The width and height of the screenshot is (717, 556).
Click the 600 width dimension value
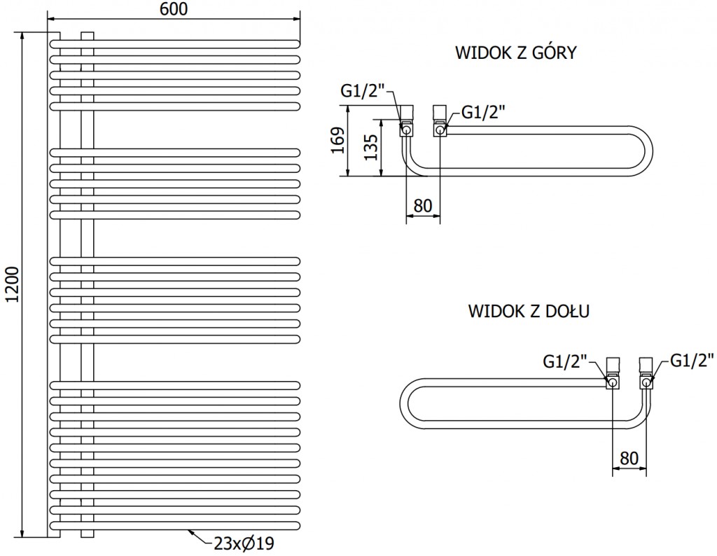[174, 9]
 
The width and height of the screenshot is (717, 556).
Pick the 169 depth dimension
[337, 141]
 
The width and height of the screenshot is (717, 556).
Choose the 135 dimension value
[371, 147]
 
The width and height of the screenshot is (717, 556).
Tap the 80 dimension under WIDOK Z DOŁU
[629, 458]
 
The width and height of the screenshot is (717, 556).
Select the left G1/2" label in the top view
[363, 91]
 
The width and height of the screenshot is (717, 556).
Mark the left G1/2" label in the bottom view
[565, 361]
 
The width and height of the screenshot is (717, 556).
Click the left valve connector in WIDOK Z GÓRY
[406, 120]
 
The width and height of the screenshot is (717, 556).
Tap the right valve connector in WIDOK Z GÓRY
[440, 120]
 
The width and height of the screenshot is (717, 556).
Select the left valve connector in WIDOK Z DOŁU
[613, 374]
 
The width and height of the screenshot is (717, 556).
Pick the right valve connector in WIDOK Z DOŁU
[645, 374]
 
